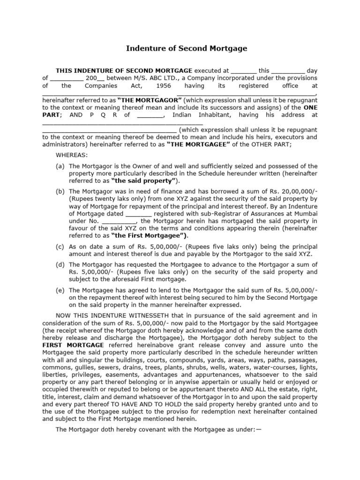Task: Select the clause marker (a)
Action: [60, 166]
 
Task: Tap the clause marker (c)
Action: [60, 247]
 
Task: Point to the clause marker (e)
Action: [60, 290]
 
